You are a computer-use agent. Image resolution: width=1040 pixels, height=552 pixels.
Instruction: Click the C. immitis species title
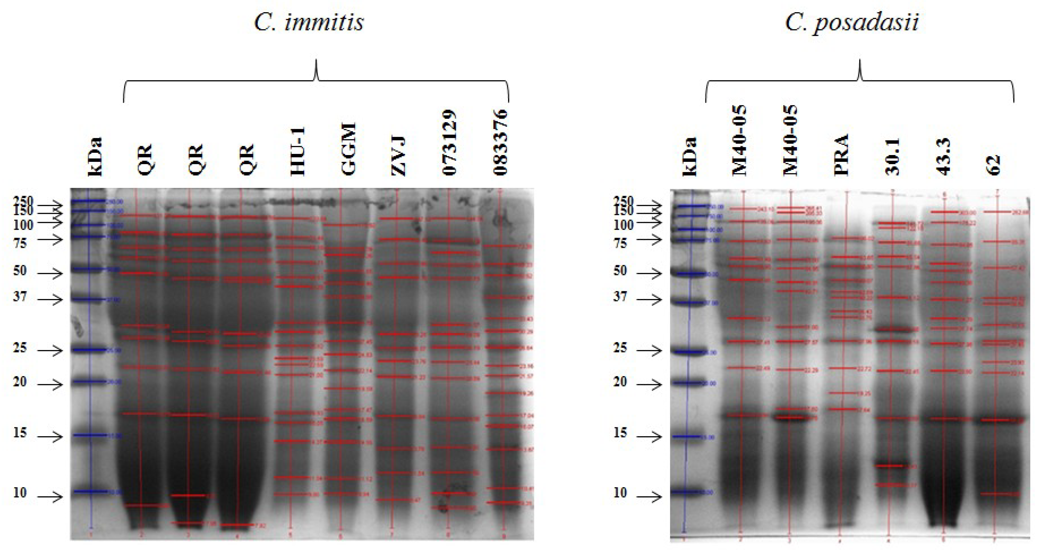(x=309, y=22)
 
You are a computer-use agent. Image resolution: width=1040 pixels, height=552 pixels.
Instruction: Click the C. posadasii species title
(x=852, y=22)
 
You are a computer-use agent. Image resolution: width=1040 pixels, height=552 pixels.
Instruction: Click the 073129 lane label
(x=449, y=142)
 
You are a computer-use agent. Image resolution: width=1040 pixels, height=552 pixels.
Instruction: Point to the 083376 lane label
(x=501, y=142)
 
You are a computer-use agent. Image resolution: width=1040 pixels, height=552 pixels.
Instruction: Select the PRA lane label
(x=842, y=155)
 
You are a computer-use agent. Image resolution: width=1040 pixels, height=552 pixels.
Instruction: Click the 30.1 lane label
(x=892, y=157)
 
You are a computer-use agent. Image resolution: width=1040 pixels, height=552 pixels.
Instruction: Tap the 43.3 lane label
(x=944, y=157)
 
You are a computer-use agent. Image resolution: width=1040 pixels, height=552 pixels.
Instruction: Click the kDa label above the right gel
(x=690, y=157)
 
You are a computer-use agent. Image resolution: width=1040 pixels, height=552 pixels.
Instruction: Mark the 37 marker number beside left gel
(x=20, y=297)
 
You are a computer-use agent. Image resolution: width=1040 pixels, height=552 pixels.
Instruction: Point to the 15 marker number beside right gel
(x=620, y=433)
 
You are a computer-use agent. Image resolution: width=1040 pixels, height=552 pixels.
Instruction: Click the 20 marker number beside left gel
(x=20, y=381)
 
